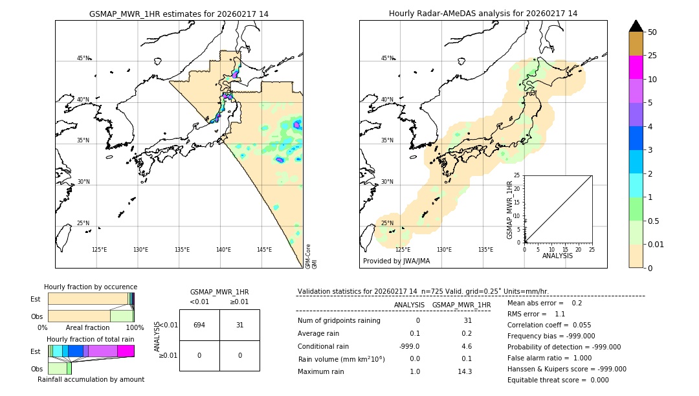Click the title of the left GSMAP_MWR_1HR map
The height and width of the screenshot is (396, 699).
pyautogui.click(x=179, y=14)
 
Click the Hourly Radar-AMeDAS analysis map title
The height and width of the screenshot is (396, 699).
pyautogui.click(x=483, y=14)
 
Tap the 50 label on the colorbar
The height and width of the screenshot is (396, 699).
pyautogui.click(x=652, y=32)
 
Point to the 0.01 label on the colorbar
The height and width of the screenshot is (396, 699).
pyautogui.click(x=656, y=244)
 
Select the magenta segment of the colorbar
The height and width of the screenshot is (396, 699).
pyautogui.click(x=636, y=67)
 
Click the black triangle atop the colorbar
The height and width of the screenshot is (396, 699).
pyautogui.click(x=636, y=26)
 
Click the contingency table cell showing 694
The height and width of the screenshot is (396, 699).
pyautogui.click(x=199, y=325)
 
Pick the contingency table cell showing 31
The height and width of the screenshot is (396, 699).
pyautogui.click(x=239, y=325)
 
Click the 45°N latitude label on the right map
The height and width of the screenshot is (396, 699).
pyautogui.click(x=387, y=58)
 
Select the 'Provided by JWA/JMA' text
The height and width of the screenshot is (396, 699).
pyautogui.click(x=396, y=261)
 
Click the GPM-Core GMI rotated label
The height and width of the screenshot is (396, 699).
pyautogui.click(x=311, y=256)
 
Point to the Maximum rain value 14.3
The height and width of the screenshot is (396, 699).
pyautogui.click(x=465, y=371)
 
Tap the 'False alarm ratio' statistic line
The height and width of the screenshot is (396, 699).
pyautogui.click(x=550, y=358)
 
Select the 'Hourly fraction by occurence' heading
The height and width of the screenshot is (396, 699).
pyautogui.click(x=91, y=287)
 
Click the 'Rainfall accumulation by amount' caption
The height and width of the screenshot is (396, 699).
pyautogui.click(x=91, y=380)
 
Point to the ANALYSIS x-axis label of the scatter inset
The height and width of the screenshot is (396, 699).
pyautogui.click(x=557, y=256)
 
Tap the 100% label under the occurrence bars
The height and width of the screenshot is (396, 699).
pyautogui.click(x=135, y=328)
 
